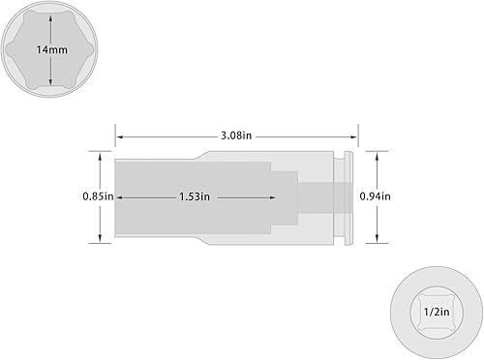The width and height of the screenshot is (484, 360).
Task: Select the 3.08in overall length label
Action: click(237, 136)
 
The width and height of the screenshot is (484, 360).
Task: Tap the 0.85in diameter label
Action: click(98, 196)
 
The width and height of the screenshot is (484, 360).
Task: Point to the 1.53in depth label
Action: click(195, 196)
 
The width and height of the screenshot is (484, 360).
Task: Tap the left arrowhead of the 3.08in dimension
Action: click(118, 136)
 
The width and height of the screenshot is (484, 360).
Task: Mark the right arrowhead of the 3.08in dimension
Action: click(356, 136)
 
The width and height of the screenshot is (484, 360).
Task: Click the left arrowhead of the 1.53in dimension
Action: click(118, 196)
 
